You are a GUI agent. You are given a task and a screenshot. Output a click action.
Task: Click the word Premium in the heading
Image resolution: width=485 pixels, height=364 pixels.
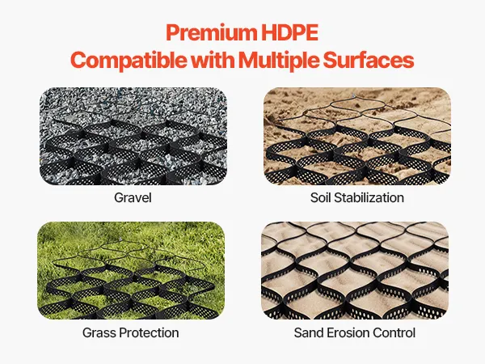pos(212,33)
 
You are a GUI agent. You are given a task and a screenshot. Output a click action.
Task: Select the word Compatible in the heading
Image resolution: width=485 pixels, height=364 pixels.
pos(129,60)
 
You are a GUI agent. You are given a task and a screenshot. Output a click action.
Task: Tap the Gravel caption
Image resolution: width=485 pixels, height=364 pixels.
pos(133,198)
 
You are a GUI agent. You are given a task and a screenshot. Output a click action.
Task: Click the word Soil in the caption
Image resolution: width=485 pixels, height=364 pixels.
pos(320,198)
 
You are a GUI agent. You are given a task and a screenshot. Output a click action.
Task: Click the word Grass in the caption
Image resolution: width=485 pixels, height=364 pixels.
pos(99,333)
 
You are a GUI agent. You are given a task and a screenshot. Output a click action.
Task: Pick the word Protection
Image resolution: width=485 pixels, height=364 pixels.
pos(149,333)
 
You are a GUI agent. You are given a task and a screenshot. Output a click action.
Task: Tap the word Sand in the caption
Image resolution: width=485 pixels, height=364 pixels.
pos(309,333)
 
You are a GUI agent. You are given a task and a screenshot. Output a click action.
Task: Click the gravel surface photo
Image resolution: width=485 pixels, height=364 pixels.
pos(133,136)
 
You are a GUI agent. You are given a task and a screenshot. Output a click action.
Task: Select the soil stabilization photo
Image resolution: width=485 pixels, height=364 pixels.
pos(357,136)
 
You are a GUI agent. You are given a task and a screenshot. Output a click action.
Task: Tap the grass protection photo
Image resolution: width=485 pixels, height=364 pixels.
pos(131,270)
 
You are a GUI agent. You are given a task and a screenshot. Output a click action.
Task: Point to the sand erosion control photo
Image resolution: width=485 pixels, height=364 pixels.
pos(355,270)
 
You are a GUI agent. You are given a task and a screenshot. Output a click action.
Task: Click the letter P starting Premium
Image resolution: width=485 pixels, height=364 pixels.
pos(173,32)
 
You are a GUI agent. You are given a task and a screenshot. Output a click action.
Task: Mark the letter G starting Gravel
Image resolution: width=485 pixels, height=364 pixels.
pos(119,198)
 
